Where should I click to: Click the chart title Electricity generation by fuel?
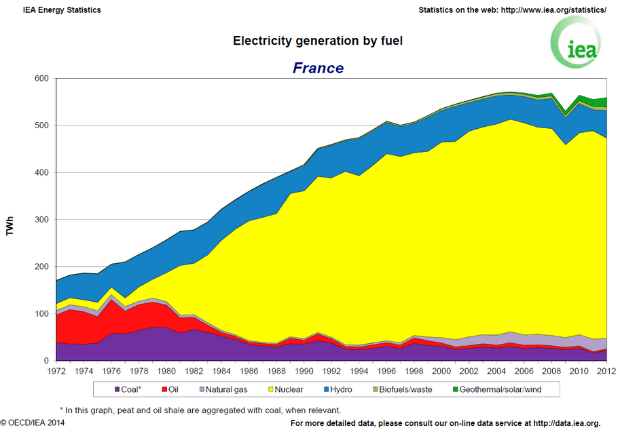tap(318, 41)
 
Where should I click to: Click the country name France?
tap(318, 68)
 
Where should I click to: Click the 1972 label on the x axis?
tap(56, 372)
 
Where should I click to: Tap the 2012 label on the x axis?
tap(606, 372)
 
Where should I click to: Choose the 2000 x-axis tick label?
tap(441, 372)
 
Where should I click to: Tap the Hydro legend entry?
tap(340, 390)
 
